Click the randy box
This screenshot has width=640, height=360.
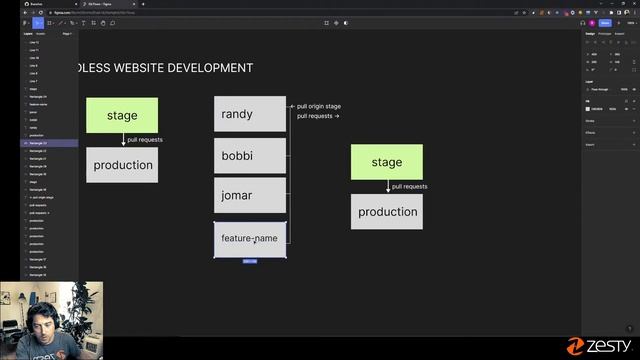[250, 114]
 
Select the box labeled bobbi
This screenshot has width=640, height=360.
[250, 156]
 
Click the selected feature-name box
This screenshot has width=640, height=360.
[250, 239]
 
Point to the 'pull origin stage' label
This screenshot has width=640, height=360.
[319, 106]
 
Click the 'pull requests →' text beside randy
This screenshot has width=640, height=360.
[318, 116]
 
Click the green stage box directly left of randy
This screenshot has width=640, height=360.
[122, 115]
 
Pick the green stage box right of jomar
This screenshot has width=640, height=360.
[386, 162]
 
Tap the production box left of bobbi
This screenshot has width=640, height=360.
[122, 165]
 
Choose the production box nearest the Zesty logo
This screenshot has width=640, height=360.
[386, 212]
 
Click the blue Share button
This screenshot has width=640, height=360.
[605, 22]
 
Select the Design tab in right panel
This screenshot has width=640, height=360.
[590, 33]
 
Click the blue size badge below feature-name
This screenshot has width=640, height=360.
[250, 261]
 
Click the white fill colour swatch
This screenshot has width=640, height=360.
[588, 108]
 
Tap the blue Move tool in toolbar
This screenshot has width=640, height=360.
[25, 22]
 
